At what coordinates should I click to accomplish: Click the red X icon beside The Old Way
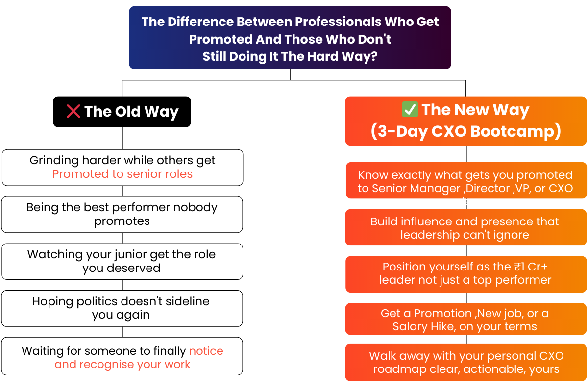pyautogui.click(x=73, y=111)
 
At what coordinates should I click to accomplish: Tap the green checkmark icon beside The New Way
pyautogui.click(x=410, y=109)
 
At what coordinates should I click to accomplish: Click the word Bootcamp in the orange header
pyautogui.click(x=515, y=131)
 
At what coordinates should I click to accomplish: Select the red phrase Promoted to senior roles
pyautogui.click(x=122, y=174)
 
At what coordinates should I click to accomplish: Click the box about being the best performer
pyautogui.click(x=122, y=215)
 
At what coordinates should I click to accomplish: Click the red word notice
pyautogui.click(x=206, y=351)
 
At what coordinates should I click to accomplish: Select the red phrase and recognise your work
pyautogui.click(x=122, y=364)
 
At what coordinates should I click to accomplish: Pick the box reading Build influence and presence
pyautogui.click(x=465, y=227)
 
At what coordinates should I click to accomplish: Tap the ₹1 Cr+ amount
pyautogui.click(x=531, y=267)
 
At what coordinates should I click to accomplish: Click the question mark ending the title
pyautogui.click(x=374, y=56)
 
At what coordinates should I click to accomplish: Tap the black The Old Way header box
pyautogui.click(x=122, y=112)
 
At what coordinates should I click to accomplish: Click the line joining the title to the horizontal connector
pyautogui.click(x=290, y=74)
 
